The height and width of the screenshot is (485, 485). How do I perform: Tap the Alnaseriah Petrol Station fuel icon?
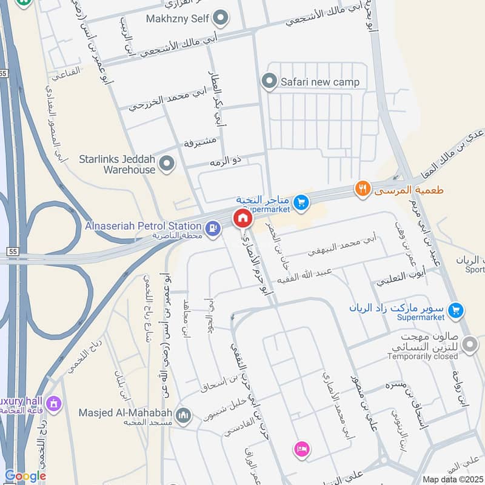tap(212, 228)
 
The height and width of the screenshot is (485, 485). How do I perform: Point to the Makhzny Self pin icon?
tap(221, 19)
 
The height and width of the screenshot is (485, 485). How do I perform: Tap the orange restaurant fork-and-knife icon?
tap(362, 189)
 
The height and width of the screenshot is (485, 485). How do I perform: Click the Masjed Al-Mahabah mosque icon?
tap(184, 416)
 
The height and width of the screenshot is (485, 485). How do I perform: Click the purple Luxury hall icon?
tap(54, 403)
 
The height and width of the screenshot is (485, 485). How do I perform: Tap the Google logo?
tap(25, 477)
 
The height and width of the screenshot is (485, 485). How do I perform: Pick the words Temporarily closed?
tap(423, 356)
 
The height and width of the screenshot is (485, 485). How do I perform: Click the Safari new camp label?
tap(319, 81)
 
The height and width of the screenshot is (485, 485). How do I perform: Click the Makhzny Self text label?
tap(177, 19)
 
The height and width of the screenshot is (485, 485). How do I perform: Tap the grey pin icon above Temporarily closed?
tap(469, 344)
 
